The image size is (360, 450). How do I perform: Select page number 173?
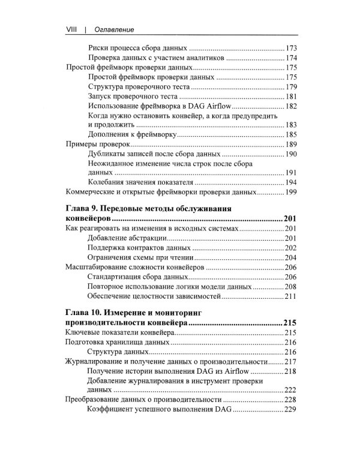pyautogui.click(x=292, y=47)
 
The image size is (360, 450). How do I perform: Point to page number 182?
pyautogui.click(x=292, y=106)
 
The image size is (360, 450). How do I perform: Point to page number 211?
pyautogui.click(x=292, y=297)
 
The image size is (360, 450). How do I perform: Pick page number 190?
pyautogui.click(x=292, y=154)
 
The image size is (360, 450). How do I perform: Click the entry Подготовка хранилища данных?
pyautogui.click(x=116, y=342)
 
